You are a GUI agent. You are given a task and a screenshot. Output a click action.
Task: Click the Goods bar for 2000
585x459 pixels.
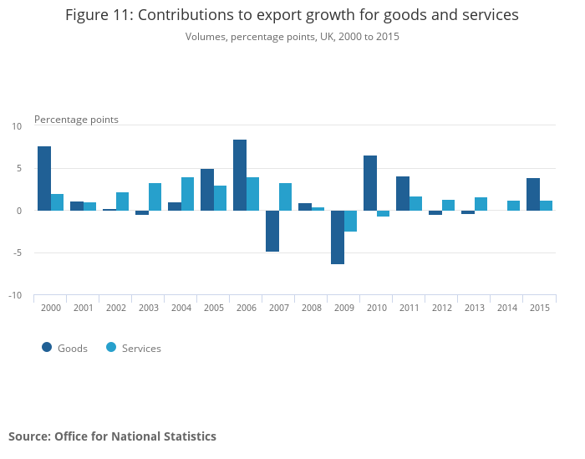44,178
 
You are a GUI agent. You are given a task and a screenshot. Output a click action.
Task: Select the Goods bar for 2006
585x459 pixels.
240,175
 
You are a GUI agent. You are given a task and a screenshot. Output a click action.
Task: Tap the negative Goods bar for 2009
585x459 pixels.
338,237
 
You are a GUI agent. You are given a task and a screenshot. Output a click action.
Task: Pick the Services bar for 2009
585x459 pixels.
351,221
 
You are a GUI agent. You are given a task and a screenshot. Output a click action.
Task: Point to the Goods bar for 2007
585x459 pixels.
272,231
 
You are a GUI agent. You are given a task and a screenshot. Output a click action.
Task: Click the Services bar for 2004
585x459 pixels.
188,194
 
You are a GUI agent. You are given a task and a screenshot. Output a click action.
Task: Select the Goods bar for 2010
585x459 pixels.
370,183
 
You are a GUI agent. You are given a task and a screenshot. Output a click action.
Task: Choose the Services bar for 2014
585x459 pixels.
514,206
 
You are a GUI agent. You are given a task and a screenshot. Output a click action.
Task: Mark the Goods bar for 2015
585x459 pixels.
533,194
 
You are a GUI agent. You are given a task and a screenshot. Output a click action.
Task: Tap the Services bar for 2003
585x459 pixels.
155,196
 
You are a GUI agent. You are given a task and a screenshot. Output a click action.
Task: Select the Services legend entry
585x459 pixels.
133,348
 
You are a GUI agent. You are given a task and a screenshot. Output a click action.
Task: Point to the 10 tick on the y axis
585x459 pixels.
17,126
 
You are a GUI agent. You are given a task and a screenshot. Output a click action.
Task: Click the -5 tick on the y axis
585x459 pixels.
16,253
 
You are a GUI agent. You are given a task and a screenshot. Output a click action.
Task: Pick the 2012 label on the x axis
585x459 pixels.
441,308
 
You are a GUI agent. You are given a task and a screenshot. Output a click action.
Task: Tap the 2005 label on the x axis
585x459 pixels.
213,308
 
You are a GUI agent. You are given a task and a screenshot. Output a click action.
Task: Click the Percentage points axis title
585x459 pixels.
76,120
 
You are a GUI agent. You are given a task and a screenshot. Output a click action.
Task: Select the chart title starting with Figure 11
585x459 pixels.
292,15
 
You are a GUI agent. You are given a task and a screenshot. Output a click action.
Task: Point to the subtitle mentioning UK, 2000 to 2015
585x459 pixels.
292,37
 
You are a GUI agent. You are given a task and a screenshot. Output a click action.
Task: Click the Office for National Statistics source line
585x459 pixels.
112,436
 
